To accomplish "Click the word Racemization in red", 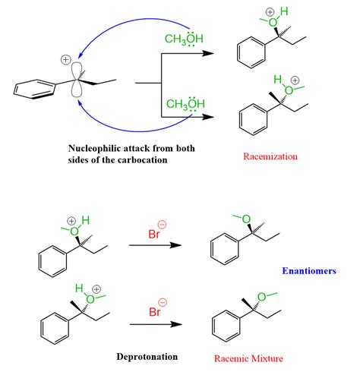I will pyautogui.click(x=271, y=156).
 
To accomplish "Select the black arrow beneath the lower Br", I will pyautogui.click(x=159, y=324).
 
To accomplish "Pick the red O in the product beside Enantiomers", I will pyautogui.click(x=247, y=219).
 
